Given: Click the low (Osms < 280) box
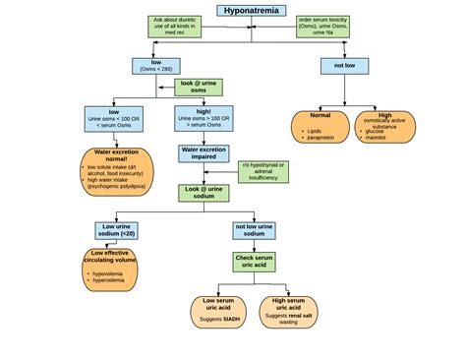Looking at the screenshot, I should (155, 67).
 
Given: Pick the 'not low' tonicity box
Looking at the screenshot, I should (344, 66).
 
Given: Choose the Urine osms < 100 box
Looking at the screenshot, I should (114, 120).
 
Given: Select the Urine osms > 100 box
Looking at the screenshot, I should (205, 120).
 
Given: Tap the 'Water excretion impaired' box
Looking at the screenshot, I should (205, 153).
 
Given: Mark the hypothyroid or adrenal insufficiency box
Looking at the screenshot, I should (264, 171).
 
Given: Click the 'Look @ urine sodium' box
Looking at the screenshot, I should (205, 192).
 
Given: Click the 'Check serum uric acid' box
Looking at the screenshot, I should (256, 262).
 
